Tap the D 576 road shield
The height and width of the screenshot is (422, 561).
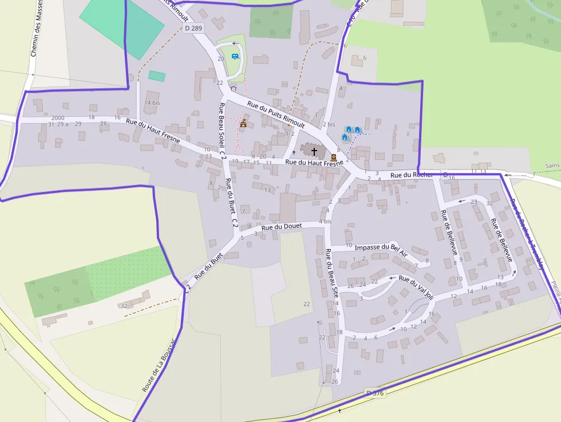[x=375, y=393]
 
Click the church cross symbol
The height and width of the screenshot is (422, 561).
[x=314, y=152]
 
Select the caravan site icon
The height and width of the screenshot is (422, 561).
[x=235, y=56]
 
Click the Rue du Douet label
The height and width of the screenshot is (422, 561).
[x=281, y=227]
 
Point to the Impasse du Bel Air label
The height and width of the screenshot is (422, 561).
[x=381, y=248]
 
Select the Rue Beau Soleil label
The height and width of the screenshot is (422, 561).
[x=222, y=127]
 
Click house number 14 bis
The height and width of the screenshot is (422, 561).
[x=152, y=102]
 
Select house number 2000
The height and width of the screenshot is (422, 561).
[x=58, y=117]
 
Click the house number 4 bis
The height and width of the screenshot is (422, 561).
[x=325, y=221]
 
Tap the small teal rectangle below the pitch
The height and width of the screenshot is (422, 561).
[x=157, y=76]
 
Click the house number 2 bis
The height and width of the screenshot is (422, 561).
[x=329, y=124]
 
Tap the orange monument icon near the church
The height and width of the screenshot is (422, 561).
[x=334, y=156]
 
